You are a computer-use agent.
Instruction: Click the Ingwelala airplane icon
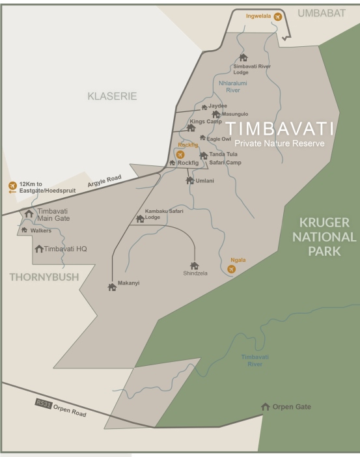[278, 16]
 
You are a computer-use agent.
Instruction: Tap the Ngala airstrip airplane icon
[231, 269]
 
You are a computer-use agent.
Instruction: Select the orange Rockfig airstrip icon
[180, 154]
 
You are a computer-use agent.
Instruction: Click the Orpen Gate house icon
[265, 407]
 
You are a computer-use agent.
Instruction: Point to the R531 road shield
[42, 404]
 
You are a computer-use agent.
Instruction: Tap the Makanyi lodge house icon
[112, 286]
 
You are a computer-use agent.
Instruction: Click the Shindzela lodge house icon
[194, 265]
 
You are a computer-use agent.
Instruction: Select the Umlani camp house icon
[189, 180]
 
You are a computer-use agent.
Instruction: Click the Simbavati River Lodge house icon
[243, 57]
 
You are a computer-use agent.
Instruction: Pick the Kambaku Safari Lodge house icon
[140, 219]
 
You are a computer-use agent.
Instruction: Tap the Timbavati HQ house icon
[39, 249]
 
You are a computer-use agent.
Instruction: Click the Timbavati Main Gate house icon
[29, 214]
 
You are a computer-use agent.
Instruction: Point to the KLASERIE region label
[113, 96]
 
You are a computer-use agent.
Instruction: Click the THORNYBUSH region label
[44, 277]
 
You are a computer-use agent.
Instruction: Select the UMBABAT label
[322, 12]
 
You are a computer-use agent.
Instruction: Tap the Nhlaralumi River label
[232, 87]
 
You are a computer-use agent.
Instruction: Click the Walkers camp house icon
[24, 230]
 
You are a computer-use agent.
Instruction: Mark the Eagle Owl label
[219, 139]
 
